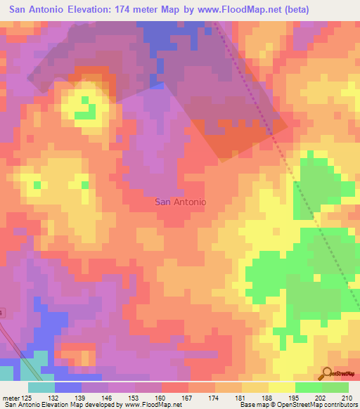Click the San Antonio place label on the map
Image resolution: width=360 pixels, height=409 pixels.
(180, 202)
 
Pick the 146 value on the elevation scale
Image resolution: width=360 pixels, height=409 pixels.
(108, 398)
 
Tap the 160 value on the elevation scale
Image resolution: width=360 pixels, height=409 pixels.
(160, 398)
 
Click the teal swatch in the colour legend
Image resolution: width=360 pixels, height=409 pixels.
(41, 387)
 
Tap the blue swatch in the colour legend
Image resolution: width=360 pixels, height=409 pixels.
(67, 387)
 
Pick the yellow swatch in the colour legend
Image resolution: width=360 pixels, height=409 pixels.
(281, 387)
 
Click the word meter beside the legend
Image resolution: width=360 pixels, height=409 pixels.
(12, 398)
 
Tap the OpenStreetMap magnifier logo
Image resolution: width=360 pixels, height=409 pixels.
(327, 374)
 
